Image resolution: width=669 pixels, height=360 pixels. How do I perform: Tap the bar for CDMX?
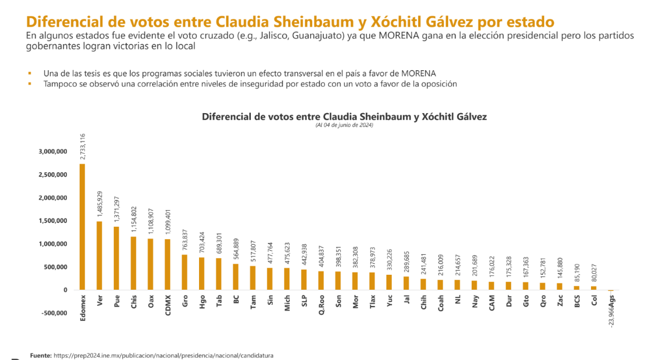[x=167, y=264]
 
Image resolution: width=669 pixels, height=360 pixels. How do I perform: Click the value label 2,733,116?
[x=83, y=146]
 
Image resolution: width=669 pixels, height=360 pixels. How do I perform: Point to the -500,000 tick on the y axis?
[x=53, y=313]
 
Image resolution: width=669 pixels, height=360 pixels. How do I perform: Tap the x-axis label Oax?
[x=151, y=301]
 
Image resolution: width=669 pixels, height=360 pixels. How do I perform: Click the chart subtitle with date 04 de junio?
[x=344, y=125]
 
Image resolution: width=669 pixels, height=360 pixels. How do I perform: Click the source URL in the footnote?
[x=163, y=355]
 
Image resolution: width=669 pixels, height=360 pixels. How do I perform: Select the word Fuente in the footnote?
[x=40, y=355]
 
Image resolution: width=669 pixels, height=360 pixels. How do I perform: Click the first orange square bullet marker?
[x=28, y=74]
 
